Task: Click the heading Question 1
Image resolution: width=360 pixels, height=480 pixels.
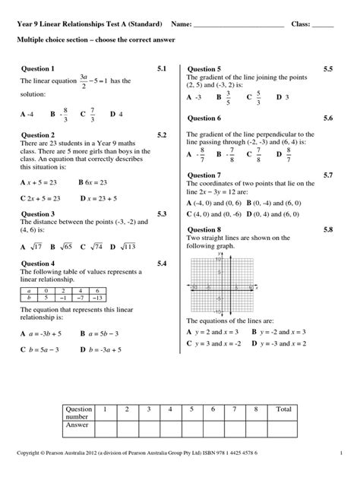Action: click(x=37, y=68)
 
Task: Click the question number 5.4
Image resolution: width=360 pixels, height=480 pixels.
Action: click(x=162, y=264)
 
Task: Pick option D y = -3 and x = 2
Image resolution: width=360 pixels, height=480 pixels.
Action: click(x=279, y=343)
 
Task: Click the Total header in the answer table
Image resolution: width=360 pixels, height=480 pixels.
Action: click(x=283, y=409)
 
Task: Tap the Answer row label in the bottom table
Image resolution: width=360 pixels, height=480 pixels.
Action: click(x=78, y=425)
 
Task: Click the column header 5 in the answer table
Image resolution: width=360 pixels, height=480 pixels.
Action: click(x=191, y=409)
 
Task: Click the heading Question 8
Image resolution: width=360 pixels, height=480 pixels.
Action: click(x=204, y=229)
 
